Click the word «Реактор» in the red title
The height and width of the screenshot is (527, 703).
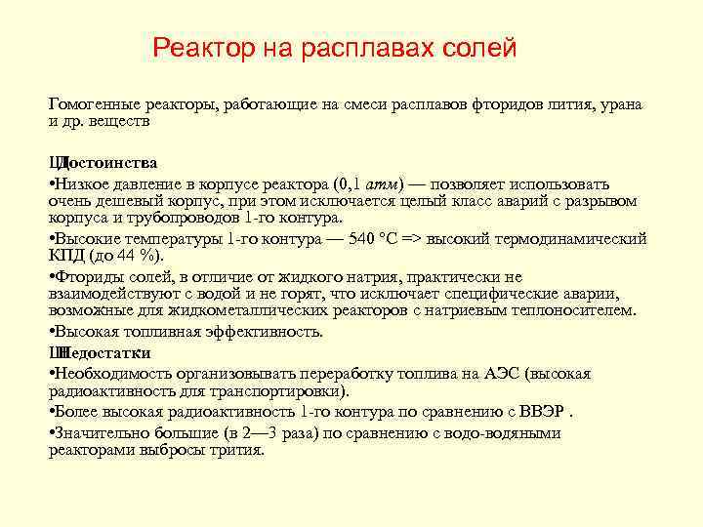(202, 48)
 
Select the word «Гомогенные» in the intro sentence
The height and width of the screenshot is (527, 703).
(93, 104)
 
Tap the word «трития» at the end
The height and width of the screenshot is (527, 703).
(238, 450)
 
